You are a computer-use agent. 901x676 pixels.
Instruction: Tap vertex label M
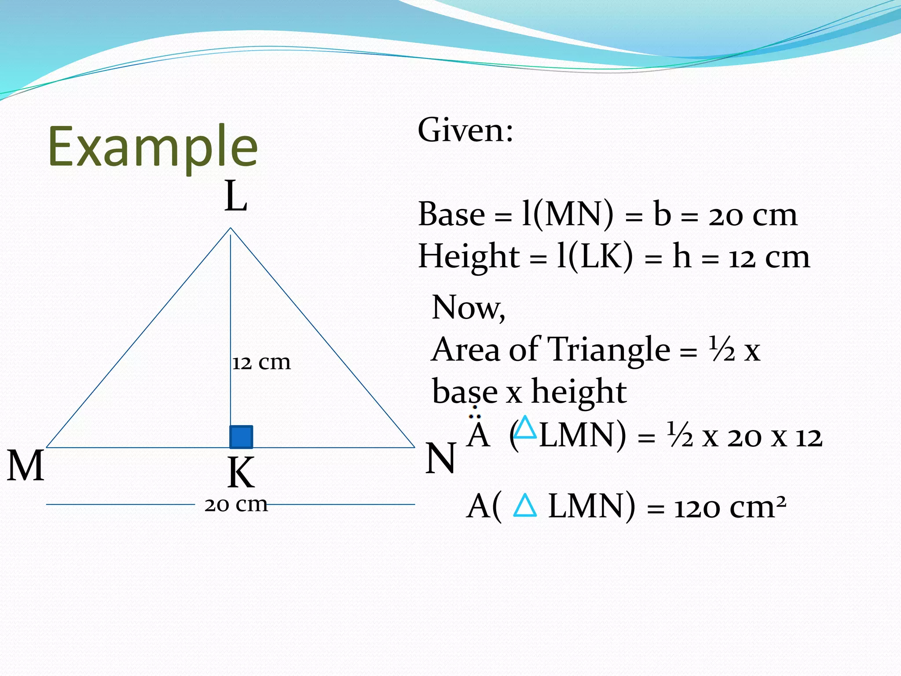pyautogui.click(x=26, y=466)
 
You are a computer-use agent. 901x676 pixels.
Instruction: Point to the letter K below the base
pyautogui.click(x=241, y=473)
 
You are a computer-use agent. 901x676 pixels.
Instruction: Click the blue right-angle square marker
pyautogui.click(x=241, y=437)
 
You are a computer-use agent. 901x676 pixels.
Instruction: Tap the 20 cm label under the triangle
pyautogui.click(x=236, y=504)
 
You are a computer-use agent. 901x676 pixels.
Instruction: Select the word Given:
pyautogui.click(x=465, y=130)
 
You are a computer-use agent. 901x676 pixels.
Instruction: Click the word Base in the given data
pyautogui.click(x=451, y=214)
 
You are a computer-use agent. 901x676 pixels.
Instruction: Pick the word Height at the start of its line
pyautogui.click(x=469, y=257)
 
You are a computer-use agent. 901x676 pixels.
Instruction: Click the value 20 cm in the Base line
pyautogui.click(x=752, y=216)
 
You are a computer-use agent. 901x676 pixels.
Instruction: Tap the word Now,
pyautogui.click(x=469, y=307)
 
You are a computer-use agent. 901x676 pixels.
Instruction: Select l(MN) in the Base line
pyautogui.click(x=567, y=215)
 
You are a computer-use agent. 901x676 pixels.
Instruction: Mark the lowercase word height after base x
pyautogui.click(x=579, y=392)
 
